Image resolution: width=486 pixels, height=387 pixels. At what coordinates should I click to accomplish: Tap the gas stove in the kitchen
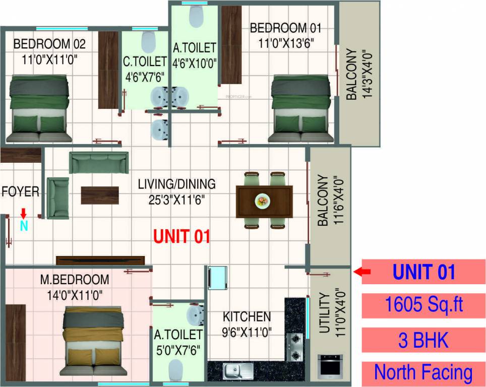click(x=295, y=347)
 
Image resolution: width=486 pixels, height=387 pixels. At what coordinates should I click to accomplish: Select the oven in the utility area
click(x=330, y=367)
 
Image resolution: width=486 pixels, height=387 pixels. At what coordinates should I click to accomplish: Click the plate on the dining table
click(x=263, y=201)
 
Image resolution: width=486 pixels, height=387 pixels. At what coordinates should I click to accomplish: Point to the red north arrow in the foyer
click(x=23, y=214)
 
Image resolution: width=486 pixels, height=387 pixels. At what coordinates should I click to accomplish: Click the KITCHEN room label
click(x=247, y=317)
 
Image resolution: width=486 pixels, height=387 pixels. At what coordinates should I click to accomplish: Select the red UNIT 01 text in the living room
click(x=181, y=236)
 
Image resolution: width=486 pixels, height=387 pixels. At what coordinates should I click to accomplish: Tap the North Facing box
click(x=423, y=373)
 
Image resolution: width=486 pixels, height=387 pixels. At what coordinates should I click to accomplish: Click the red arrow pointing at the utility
click(x=362, y=272)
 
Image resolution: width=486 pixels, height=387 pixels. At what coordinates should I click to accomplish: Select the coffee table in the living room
click(x=100, y=195)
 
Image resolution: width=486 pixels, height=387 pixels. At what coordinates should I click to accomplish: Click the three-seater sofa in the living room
click(x=96, y=162)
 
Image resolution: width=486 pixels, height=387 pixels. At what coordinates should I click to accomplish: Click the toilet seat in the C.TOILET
click(x=148, y=42)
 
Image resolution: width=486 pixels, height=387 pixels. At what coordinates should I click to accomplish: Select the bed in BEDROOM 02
click(x=39, y=108)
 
